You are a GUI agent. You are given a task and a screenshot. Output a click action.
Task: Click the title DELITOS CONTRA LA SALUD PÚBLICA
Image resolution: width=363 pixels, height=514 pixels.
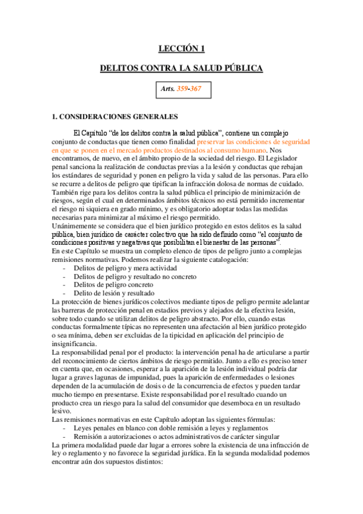click(181, 69)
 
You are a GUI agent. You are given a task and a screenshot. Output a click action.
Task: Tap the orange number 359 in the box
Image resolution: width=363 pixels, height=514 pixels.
click(182, 89)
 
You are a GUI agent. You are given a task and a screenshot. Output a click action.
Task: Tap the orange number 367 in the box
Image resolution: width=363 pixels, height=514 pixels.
click(196, 89)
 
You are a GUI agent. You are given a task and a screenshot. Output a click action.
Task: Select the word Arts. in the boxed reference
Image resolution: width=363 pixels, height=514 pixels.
click(167, 89)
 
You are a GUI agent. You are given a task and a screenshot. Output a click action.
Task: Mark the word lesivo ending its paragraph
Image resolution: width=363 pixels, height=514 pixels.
click(62, 411)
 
